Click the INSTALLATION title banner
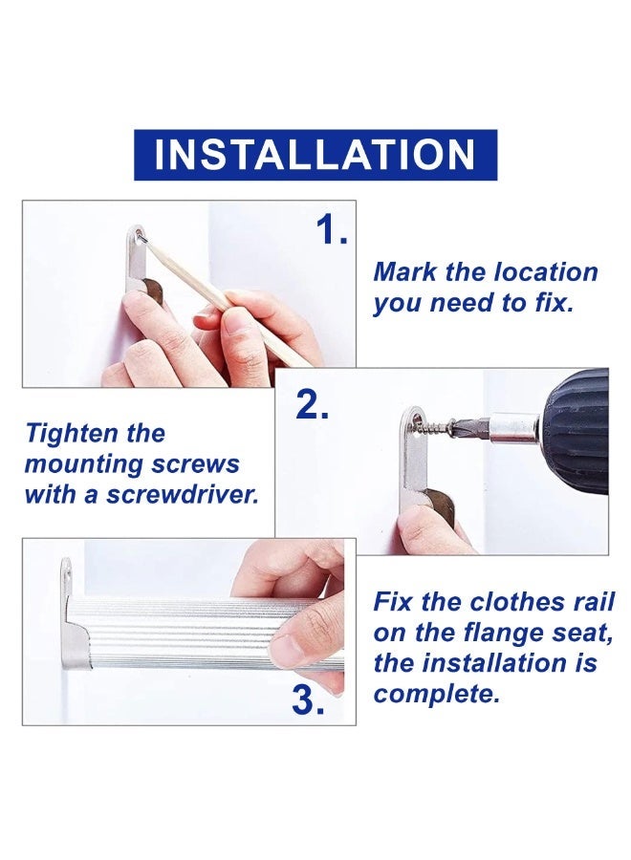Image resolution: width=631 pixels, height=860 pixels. tap(315, 155)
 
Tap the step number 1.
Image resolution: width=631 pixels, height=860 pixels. tap(332, 229)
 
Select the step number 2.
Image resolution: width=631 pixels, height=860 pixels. tap(313, 406)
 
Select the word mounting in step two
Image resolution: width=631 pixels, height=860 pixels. tap(82, 465)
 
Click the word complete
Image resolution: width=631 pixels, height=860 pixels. tap(437, 695)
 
